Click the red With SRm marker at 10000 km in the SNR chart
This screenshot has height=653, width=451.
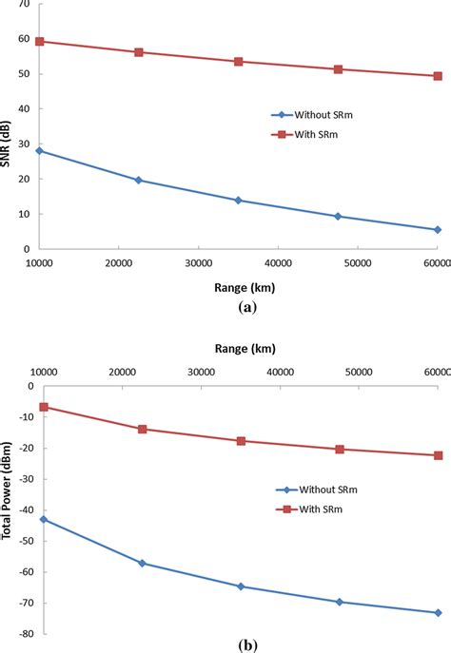39,42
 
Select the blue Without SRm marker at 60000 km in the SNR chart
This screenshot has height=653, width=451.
438,230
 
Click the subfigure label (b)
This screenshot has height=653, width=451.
247,645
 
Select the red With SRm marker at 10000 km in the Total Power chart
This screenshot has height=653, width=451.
44,407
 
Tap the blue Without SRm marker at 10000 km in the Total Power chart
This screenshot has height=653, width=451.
44,520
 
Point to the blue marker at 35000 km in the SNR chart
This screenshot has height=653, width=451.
238,201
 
